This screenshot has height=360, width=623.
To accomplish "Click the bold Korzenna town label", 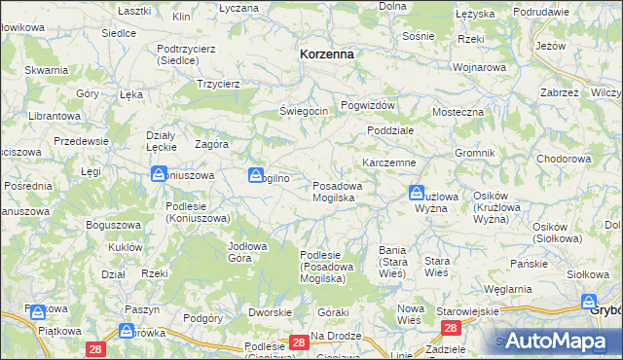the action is pyautogui.click(x=327, y=55).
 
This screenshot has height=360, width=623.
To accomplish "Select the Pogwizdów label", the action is pyautogui.click(x=368, y=105).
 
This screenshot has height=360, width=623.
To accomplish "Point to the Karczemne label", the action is pyautogui.click(x=389, y=162).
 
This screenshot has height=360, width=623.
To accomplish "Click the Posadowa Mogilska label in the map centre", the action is pyautogui.click(x=338, y=192).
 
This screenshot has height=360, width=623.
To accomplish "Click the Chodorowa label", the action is pyautogui.click(x=564, y=158).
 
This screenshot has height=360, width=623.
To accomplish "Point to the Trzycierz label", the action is pyautogui.click(x=218, y=84).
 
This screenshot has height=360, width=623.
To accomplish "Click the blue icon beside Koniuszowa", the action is pyautogui.click(x=159, y=175).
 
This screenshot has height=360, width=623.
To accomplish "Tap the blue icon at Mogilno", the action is pyautogui.click(x=256, y=176).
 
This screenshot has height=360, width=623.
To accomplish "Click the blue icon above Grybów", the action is pyautogui.click(x=589, y=303).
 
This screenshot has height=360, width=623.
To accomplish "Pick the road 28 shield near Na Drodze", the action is pyautogui.click(x=300, y=342).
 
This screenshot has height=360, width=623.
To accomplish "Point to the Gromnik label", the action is pyautogui.click(x=475, y=154).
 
